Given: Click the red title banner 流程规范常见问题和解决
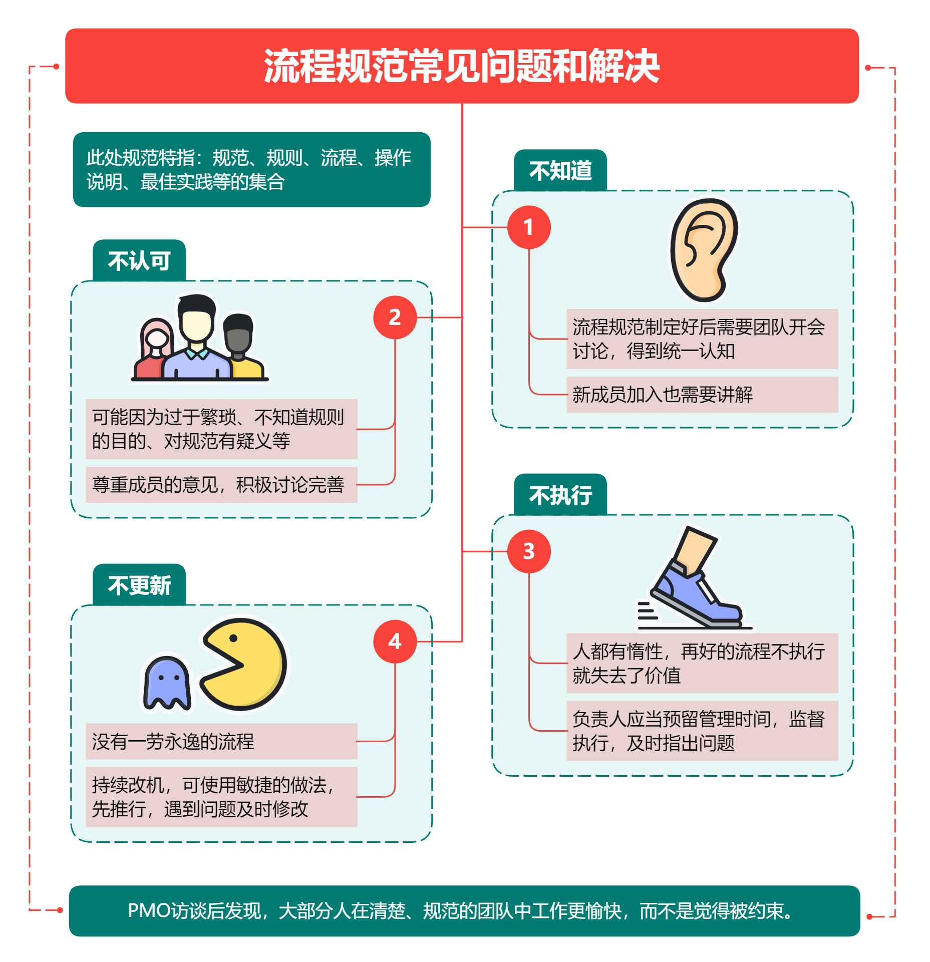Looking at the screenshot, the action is [x=462, y=66].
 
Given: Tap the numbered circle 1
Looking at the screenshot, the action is [x=529, y=227].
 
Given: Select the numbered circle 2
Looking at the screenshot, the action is [x=395, y=317].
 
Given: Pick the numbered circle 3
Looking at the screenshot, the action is [x=529, y=551].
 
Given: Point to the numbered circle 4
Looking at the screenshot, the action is [x=395, y=642].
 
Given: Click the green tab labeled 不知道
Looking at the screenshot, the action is [x=560, y=171].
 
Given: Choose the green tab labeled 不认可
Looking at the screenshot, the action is [x=139, y=261].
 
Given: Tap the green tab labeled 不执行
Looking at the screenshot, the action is [x=560, y=495].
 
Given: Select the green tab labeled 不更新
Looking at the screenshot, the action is [x=139, y=585].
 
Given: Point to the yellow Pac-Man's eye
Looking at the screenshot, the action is [x=233, y=638].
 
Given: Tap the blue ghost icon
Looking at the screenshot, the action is [x=167, y=683].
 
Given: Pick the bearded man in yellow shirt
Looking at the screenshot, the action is [x=240, y=346].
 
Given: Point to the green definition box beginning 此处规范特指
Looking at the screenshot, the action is [x=251, y=170].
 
